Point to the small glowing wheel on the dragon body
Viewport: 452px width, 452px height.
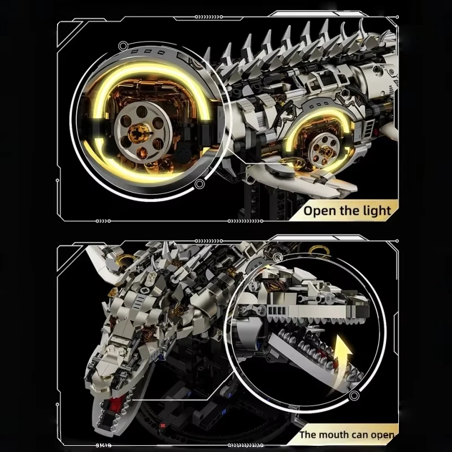(323, 149)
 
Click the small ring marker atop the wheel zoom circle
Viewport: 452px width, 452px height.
(123, 46)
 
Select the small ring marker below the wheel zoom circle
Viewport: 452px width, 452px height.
(199, 184)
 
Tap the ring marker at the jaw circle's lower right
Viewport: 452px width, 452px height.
(354, 395)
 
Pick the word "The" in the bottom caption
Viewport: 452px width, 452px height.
(306, 434)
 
